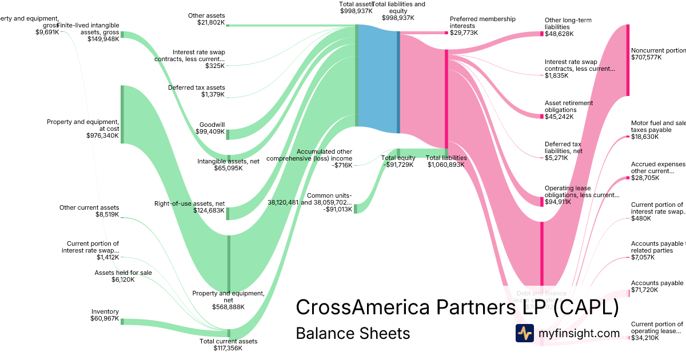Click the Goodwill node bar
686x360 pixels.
coord(228,134)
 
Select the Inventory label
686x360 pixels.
coord(105,311)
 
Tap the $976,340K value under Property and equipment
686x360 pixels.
coord(102,135)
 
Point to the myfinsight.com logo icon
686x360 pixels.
coord(524,333)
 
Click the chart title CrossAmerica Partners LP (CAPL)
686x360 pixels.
coord(457,307)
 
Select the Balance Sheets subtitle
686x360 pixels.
coord(353,333)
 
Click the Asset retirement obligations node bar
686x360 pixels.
coord(542,116)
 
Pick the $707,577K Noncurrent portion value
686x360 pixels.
coord(646,57)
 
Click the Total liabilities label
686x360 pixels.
coord(446,158)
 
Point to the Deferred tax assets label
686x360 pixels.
coord(196,87)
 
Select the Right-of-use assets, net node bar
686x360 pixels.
coord(228,213)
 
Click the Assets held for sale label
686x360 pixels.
coord(123,273)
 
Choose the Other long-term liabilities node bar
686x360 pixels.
coord(542,34)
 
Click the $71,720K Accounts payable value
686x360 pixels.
coord(645,290)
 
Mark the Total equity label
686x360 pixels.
coord(398,158)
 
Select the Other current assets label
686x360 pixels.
coord(89,207)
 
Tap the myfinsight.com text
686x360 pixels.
coord(579,333)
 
